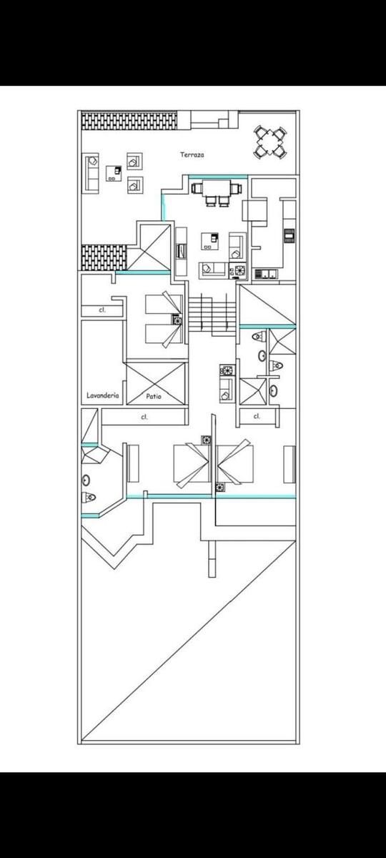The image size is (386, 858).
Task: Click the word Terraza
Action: (192, 154)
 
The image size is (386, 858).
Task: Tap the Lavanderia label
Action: (103, 395)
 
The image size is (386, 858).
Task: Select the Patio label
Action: (154, 396)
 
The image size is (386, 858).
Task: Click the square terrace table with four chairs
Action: (270, 142)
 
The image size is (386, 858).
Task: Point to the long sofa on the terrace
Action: (91, 173)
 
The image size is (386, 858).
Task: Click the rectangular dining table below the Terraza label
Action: (217, 188)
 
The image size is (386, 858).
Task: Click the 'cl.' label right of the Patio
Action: (257, 416)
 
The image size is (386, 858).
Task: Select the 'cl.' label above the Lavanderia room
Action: (102, 310)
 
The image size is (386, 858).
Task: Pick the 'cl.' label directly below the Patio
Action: (144, 417)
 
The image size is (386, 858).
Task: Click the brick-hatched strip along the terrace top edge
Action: (129, 121)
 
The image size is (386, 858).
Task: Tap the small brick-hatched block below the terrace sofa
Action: (104, 257)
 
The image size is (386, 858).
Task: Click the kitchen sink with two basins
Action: (266, 273)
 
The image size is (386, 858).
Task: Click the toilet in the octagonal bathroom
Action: (89, 498)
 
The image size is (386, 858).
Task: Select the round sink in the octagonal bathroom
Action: (86, 480)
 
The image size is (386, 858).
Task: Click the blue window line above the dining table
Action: (217, 177)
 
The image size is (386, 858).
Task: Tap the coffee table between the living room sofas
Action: (210, 241)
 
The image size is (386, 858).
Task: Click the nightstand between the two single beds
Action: (177, 320)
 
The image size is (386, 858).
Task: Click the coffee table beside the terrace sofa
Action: (114, 174)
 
